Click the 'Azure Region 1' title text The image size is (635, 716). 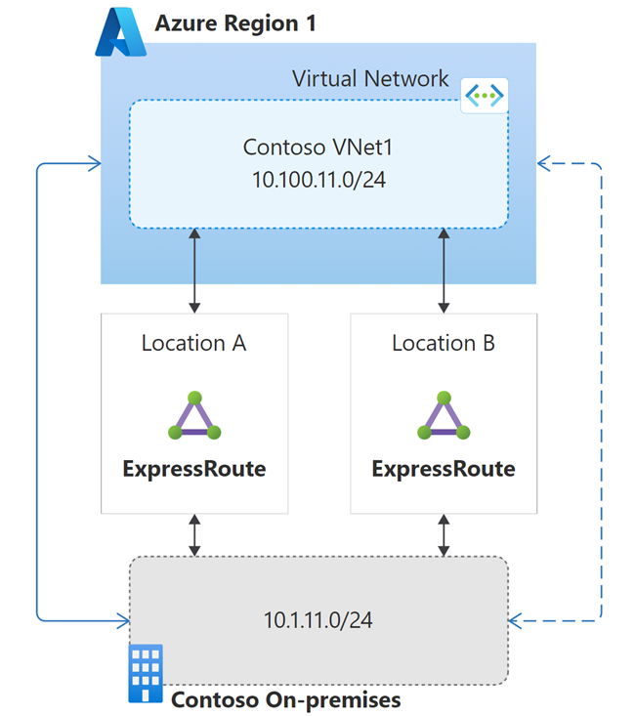pyautogui.click(x=235, y=23)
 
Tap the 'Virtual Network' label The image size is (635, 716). pyautogui.click(x=370, y=78)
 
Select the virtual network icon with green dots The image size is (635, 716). pyautogui.click(x=484, y=95)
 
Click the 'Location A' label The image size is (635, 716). pyautogui.click(x=194, y=343)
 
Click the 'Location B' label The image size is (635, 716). pyautogui.click(x=444, y=343)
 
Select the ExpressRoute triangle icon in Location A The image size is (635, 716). pyautogui.click(x=194, y=416)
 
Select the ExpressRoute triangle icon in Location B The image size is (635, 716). pyautogui.click(x=444, y=416)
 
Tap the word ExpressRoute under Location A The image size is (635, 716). pyautogui.click(x=194, y=469)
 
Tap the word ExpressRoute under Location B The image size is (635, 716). pyautogui.click(x=444, y=469)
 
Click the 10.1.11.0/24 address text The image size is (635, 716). pyautogui.click(x=318, y=620)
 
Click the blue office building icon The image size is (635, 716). pyautogui.click(x=147, y=673)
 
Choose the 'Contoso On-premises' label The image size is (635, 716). pyautogui.click(x=285, y=700)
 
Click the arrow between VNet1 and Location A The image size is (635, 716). pyautogui.click(x=195, y=271)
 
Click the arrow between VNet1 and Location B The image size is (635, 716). pyautogui.click(x=444, y=271)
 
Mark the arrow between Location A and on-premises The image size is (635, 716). pyautogui.click(x=195, y=535)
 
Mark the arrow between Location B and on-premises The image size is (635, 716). pyautogui.click(x=444, y=535)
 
